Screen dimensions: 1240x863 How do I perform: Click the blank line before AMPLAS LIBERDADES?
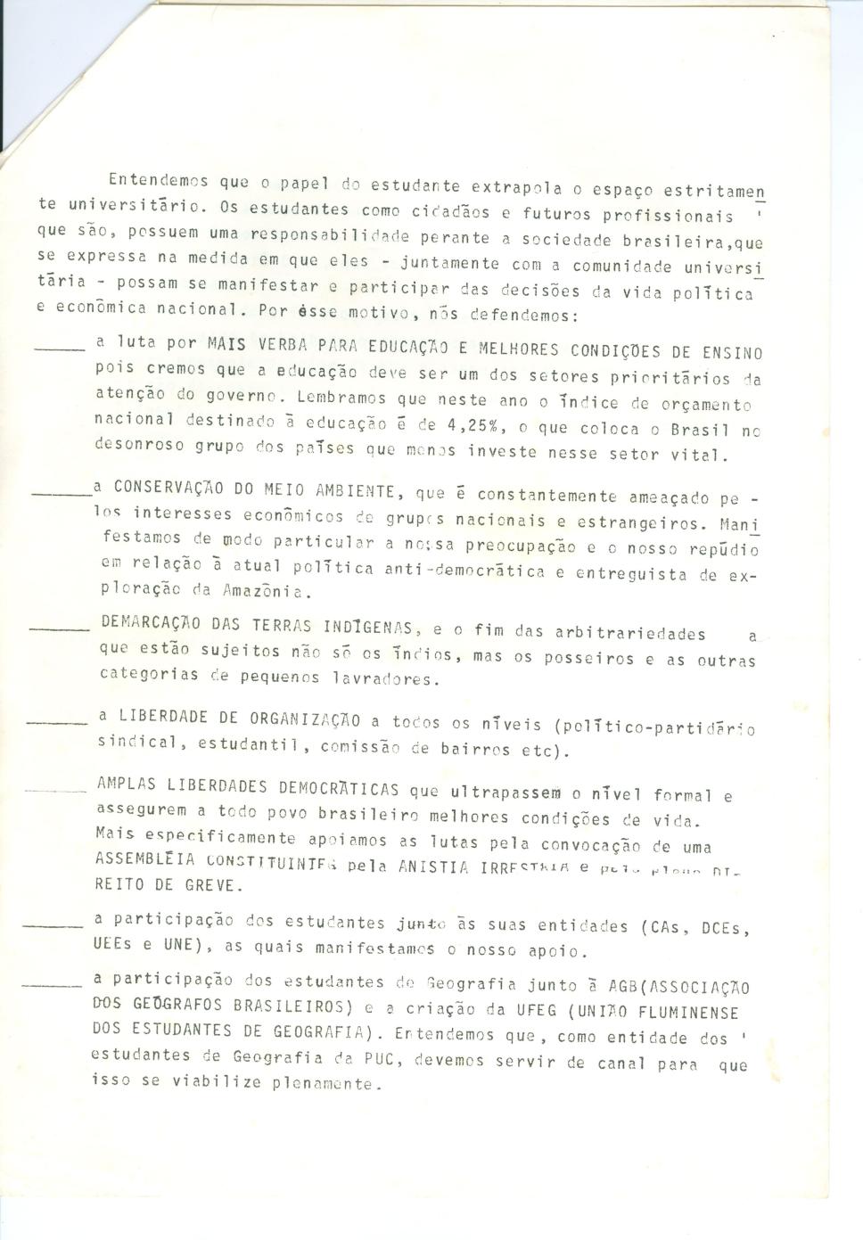pos(55,789)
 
